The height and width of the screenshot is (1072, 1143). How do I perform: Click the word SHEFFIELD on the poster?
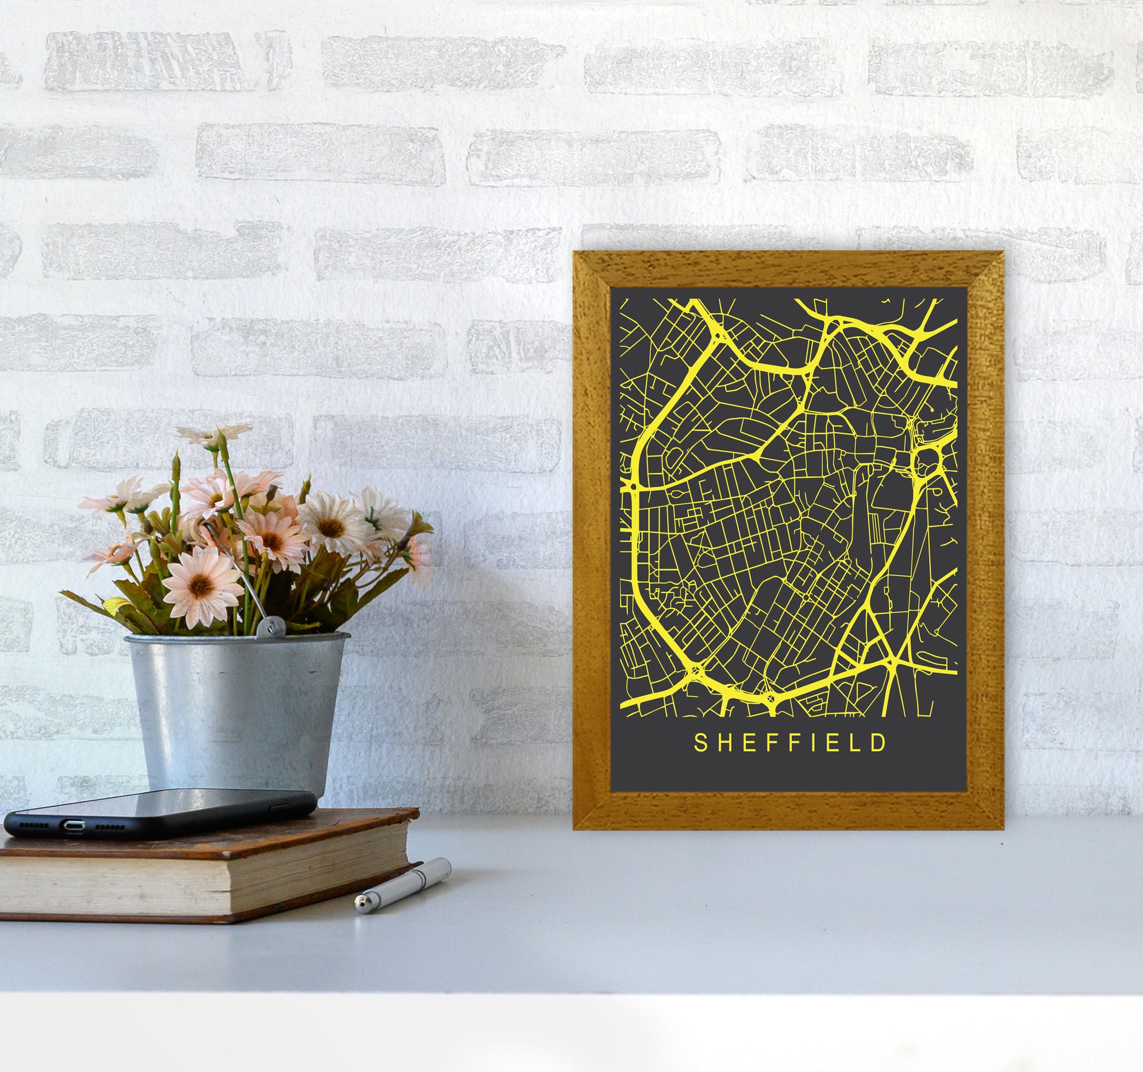coord(790,743)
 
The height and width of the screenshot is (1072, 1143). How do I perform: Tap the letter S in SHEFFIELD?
coord(700,743)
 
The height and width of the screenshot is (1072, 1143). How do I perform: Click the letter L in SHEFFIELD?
coord(858,743)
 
